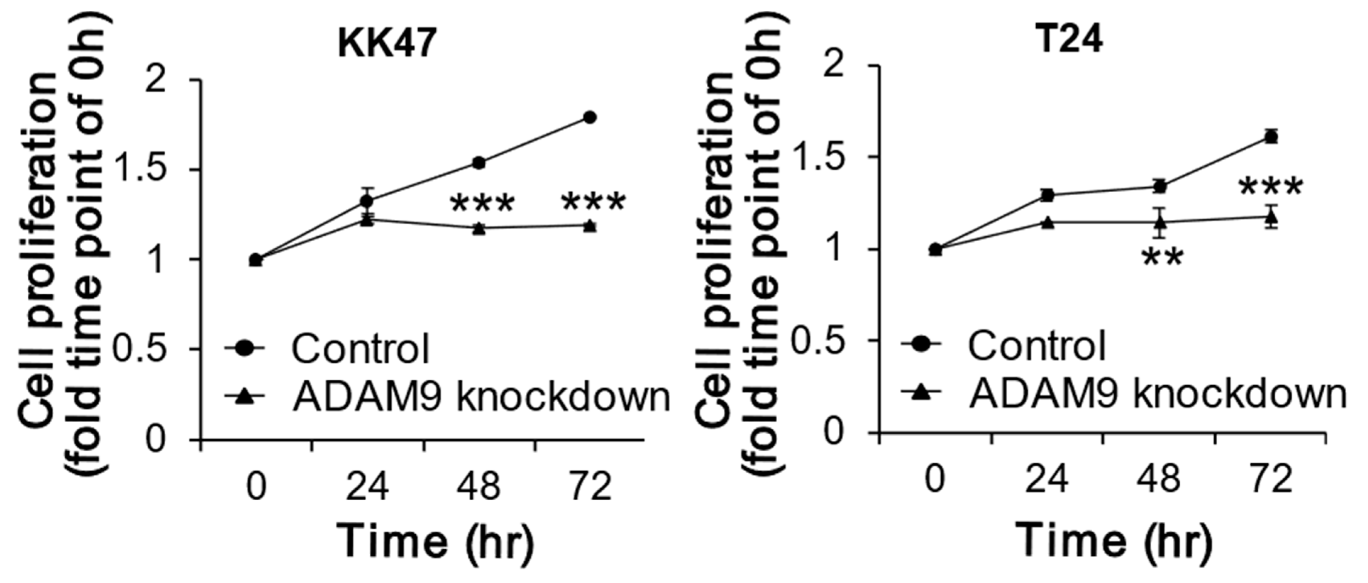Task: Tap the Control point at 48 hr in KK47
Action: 479,163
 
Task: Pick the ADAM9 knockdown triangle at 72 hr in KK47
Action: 590,226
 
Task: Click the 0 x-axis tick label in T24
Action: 936,479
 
